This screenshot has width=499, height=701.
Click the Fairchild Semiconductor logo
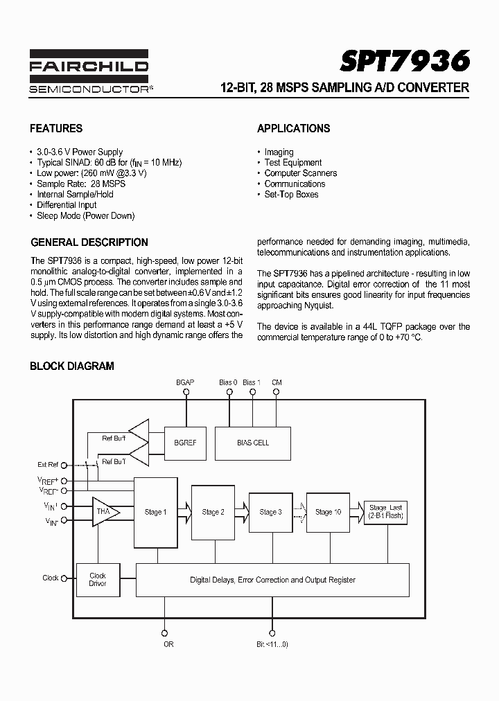[x=89, y=72]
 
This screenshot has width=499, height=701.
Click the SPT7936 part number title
[x=405, y=62]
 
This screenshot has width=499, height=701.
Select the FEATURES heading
[x=56, y=128]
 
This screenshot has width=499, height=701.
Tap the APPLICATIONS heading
[x=293, y=128]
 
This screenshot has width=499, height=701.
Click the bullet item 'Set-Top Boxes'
[x=291, y=195]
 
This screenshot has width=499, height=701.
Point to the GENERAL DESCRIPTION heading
[x=89, y=242]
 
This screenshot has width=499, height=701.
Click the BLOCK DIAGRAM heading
[x=72, y=366]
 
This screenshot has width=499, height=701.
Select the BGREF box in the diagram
[x=184, y=443]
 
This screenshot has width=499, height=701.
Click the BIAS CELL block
[x=253, y=443]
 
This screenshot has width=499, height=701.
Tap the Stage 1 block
[x=155, y=512]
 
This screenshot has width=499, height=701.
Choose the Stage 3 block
[x=270, y=512]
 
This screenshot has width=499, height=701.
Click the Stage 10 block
[x=328, y=512]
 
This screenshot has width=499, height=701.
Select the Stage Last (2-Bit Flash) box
[x=386, y=512]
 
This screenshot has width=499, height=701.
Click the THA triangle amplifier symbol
[x=104, y=512]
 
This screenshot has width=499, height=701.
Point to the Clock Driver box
[x=98, y=580]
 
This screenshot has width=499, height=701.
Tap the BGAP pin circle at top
[x=186, y=391]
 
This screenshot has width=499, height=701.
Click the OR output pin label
[x=168, y=644]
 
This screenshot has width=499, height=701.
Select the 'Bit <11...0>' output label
[x=272, y=644]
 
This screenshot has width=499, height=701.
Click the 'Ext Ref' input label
[x=48, y=464]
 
